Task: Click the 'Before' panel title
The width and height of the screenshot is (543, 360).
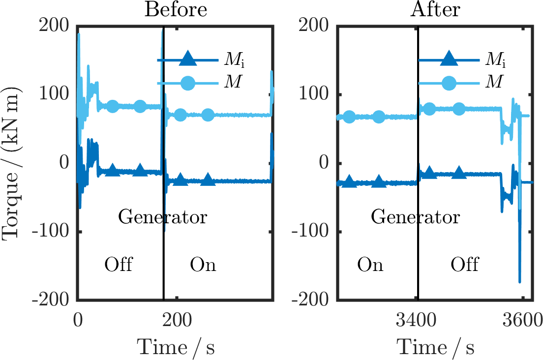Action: coord(175,9)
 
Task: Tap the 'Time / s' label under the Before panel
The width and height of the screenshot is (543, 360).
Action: coord(175,347)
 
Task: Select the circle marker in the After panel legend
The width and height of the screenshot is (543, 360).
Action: coord(449,83)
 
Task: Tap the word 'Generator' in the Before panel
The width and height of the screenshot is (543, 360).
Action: coord(162,216)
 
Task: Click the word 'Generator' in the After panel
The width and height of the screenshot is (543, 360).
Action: coord(416,216)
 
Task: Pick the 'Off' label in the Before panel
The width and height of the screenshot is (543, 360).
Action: coord(119,265)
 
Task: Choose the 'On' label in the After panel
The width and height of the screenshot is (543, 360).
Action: coord(370,265)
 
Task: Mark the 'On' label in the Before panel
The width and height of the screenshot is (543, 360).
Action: coord(203,265)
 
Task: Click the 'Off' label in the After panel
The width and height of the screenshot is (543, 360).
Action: coord(464,265)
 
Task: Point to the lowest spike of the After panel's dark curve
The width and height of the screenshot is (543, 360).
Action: coord(519,282)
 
